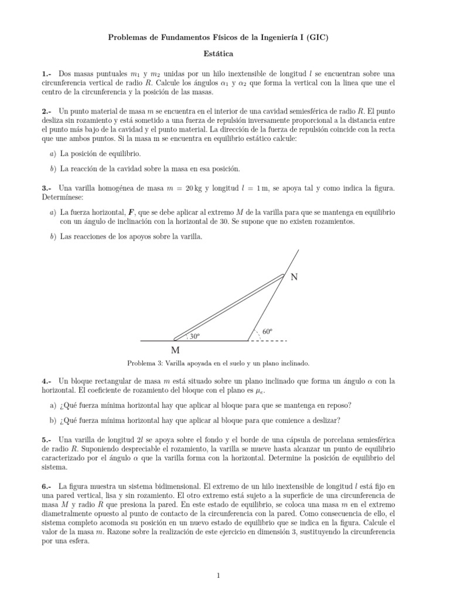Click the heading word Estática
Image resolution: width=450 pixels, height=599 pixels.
click(217, 54)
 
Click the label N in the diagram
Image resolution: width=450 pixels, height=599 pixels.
click(294, 277)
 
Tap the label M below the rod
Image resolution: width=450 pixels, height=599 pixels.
click(175, 350)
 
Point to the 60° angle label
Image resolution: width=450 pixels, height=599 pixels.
click(268, 332)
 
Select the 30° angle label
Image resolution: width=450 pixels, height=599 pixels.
click(194, 336)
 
